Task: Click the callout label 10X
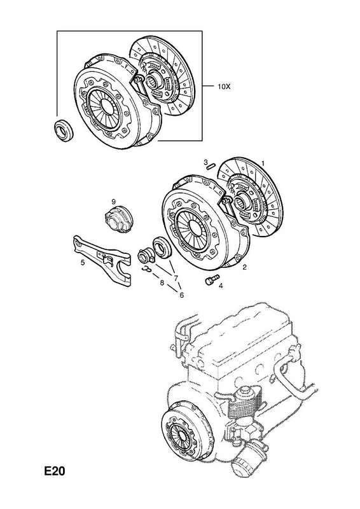224,87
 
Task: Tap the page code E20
55,471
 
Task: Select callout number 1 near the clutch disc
263,164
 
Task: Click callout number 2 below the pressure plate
244,267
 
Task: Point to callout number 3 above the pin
205,162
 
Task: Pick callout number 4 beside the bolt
221,286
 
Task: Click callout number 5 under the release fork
83,262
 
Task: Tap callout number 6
181,295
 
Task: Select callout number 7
176,278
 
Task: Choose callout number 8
162,282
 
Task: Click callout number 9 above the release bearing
114,200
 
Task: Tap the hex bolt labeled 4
212,279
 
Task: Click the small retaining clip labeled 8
147,268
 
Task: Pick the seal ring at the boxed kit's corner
64,130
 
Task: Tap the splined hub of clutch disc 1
241,204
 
